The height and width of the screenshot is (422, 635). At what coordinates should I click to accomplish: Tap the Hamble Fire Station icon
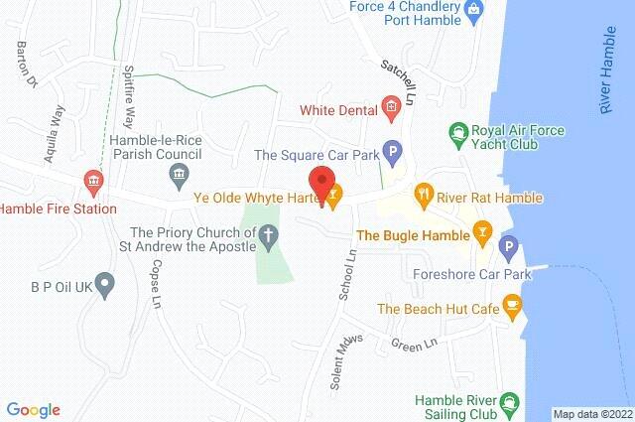(93, 181)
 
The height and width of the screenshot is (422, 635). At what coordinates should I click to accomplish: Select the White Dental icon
(391, 107)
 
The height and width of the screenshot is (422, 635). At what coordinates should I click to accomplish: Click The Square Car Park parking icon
(393, 154)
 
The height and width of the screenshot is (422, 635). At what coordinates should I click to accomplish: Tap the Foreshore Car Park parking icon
(510, 246)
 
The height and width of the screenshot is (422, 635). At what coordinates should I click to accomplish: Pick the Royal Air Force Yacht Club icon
(458, 130)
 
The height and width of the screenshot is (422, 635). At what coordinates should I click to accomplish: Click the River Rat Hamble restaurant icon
(424, 193)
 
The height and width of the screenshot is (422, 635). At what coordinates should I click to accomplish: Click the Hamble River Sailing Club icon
(509, 402)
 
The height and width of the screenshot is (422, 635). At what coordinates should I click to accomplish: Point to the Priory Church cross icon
(268, 235)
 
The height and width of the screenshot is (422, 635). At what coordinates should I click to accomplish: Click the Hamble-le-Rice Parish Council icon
(179, 178)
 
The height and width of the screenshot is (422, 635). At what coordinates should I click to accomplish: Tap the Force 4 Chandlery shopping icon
(474, 11)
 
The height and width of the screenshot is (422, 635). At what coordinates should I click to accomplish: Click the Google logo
(33, 409)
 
